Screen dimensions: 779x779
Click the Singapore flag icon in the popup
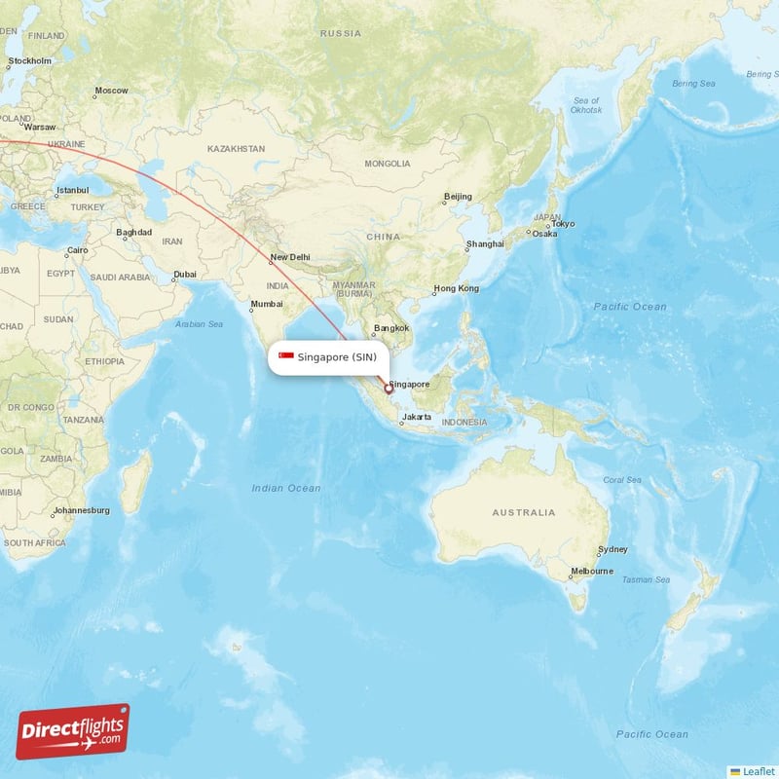click(286, 356)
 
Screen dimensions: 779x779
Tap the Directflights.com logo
click(73, 731)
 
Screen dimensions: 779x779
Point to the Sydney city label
click(613, 549)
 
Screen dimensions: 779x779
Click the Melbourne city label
click(592, 571)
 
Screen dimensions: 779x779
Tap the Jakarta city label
click(416, 417)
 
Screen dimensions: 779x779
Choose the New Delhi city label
click(290, 257)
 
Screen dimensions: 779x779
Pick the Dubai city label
click(184, 275)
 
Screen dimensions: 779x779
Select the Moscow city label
click(111, 91)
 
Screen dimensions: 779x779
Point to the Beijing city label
click(458, 197)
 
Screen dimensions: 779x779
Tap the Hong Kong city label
click(456, 288)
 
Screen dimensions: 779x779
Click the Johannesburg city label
click(82, 510)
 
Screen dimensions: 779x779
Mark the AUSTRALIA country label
click(523, 512)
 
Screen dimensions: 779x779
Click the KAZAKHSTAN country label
click(236, 149)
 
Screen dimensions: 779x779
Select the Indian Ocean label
click(285, 488)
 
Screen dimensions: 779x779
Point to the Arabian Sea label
click(199, 323)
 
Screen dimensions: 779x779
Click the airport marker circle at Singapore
click(389, 389)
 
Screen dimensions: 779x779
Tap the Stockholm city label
click(29, 60)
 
